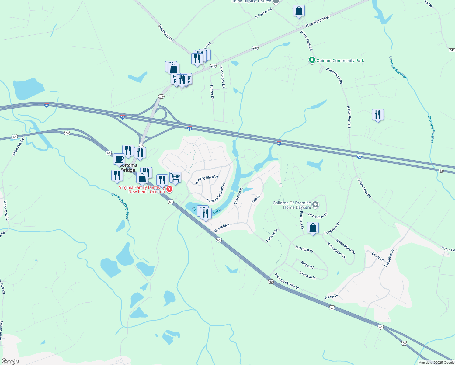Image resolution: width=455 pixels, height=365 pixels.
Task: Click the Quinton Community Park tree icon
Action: pos(312,60)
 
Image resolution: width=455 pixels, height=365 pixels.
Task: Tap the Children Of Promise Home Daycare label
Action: pos(292,205)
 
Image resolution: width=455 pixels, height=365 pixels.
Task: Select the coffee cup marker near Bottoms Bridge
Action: pos(119,159)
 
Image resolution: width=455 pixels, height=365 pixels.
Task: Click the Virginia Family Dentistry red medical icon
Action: pos(169,189)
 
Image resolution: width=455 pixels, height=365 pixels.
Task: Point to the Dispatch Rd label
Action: pos(165,33)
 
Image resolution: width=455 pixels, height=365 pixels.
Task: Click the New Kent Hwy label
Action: pos(318,21)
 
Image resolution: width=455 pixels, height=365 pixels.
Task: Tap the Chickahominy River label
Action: pos(120,206)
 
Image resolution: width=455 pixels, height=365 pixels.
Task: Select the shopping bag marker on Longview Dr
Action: pos(313,228)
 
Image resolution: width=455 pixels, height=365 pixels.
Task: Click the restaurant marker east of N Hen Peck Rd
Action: pos(378,115)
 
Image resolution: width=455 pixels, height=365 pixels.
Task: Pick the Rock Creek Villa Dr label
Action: pos(287,281)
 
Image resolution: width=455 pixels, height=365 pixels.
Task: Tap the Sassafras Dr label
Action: pos(389,258)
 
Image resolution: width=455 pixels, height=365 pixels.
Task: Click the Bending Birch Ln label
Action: pos(207,180)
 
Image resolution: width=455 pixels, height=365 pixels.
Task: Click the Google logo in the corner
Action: pos(10,361)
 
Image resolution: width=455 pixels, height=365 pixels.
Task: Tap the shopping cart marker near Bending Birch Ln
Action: pos(175,177)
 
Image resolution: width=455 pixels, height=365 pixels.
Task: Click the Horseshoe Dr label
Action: pos(318,216)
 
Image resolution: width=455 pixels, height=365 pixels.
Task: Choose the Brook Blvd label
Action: pos(222,228)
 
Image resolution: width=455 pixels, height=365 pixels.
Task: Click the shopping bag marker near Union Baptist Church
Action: pos(299,11)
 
